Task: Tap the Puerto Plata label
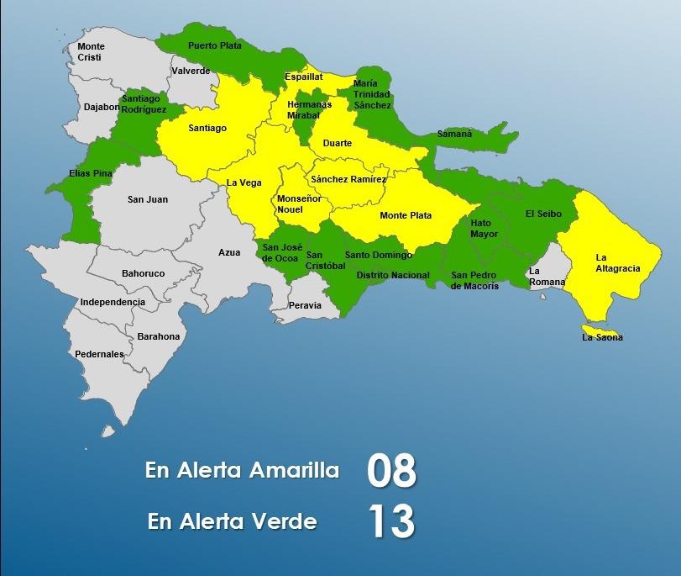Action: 215,46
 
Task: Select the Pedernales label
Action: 99,354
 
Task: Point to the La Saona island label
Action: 602,338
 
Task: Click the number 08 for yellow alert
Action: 391,471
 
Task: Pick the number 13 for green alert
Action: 391,522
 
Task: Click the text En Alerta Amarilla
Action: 242,470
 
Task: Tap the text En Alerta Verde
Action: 232,521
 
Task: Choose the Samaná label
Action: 454,134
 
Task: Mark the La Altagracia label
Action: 618,262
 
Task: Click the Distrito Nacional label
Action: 393,275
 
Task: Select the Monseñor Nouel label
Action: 295,203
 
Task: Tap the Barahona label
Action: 159,336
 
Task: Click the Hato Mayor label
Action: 485,229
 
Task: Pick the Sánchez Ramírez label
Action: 348,179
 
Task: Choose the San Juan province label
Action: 148,199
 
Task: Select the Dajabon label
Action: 102,107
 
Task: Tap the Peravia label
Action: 306,305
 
